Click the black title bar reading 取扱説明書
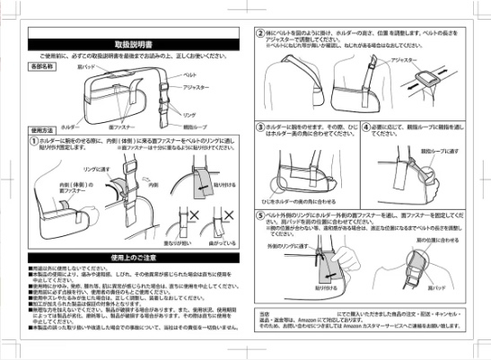click(131, 42)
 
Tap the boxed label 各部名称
click(42, 66)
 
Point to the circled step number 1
click(33, 140)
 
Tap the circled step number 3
click(259, 128)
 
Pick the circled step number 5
click(259, 216)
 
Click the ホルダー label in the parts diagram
click(56, 127)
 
